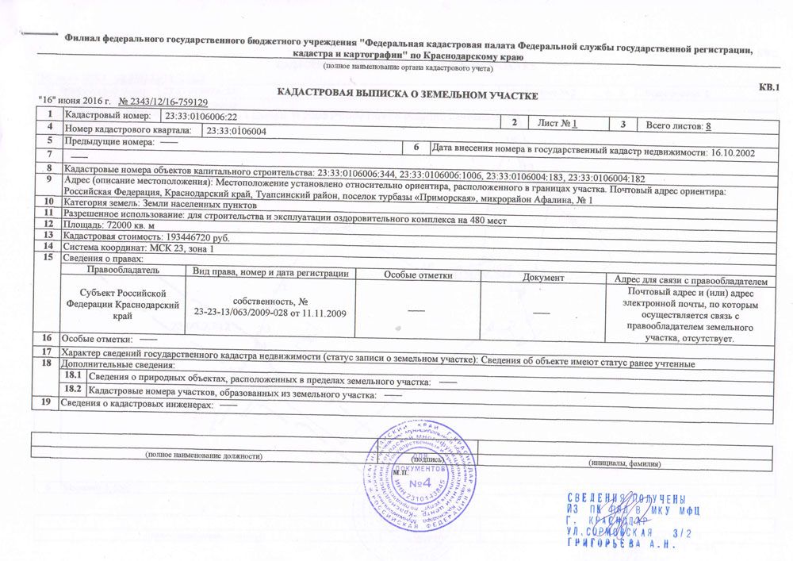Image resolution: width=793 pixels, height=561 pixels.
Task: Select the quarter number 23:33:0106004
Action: [x=236, y=130]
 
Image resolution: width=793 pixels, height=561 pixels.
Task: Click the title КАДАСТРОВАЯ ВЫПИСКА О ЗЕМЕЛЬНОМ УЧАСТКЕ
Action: [x=407, y=95]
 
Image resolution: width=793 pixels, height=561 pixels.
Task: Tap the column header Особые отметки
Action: [x=418, y=275]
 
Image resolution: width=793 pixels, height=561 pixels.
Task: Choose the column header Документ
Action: [x=544, y=278]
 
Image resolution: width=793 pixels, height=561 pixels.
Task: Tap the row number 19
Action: [x=46, y=403]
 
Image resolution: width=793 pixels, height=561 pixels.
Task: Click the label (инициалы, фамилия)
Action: [x=624, y=463]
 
